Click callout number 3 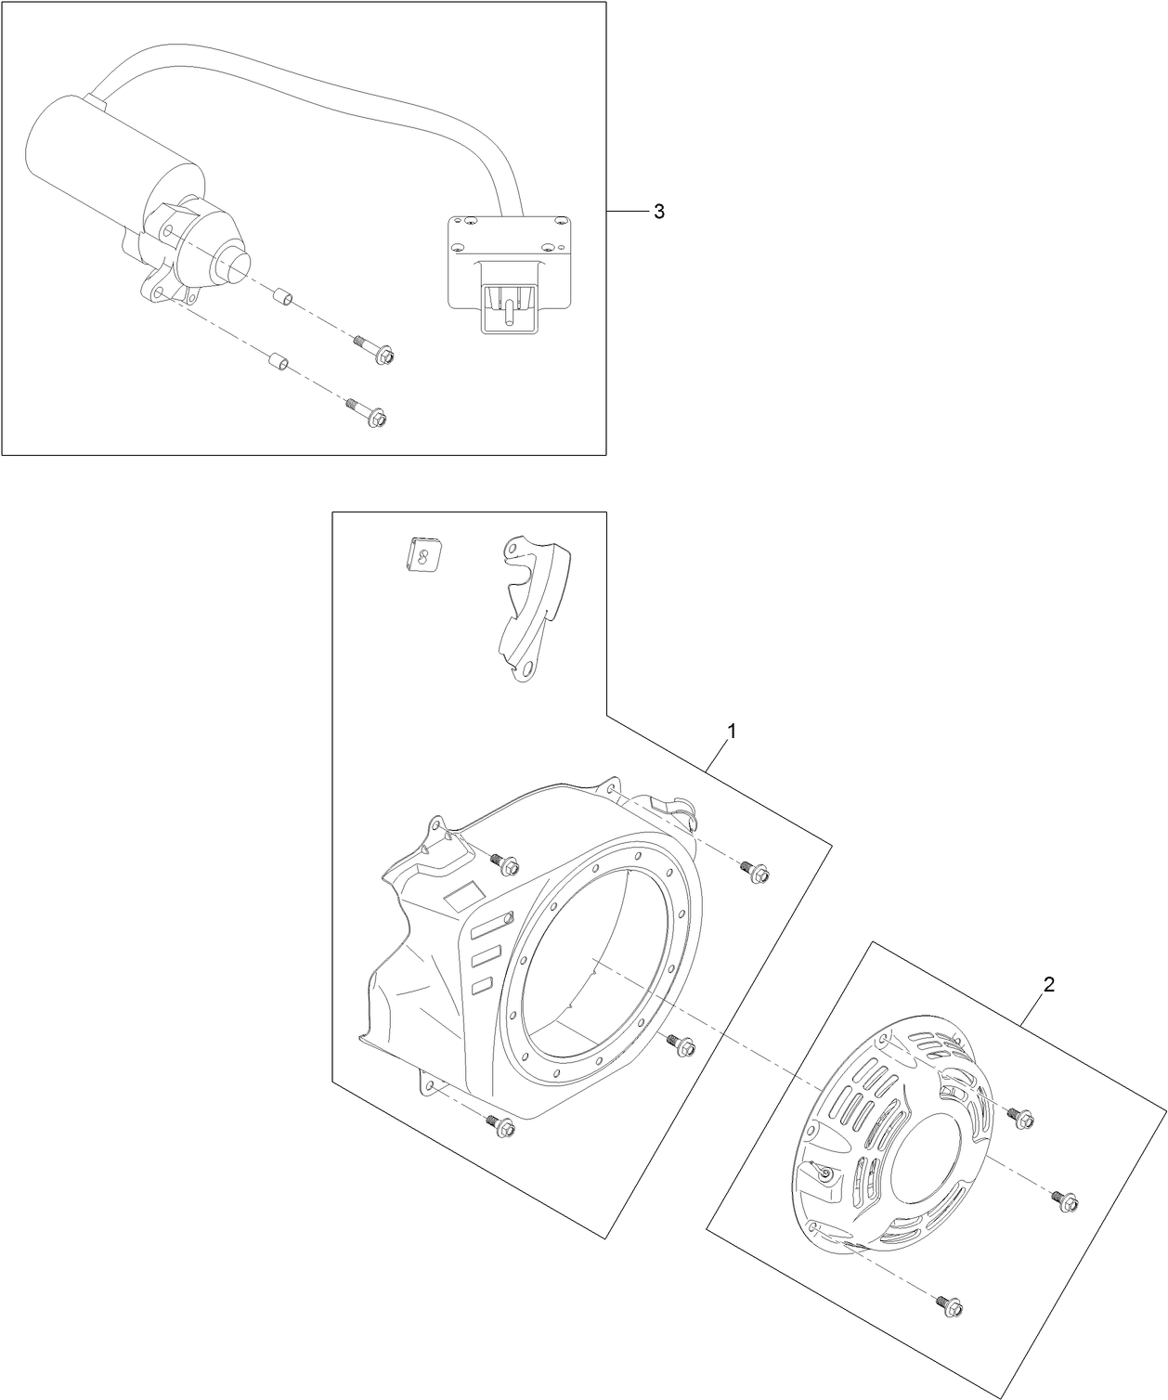click(658, 212)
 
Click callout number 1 click(732, 732)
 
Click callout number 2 click(1048, 986)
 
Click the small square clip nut click(422, 557)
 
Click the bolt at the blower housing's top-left click(505, 864)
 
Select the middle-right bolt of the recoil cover click(1063, 1199)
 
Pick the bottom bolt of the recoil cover click(949, 1304)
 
